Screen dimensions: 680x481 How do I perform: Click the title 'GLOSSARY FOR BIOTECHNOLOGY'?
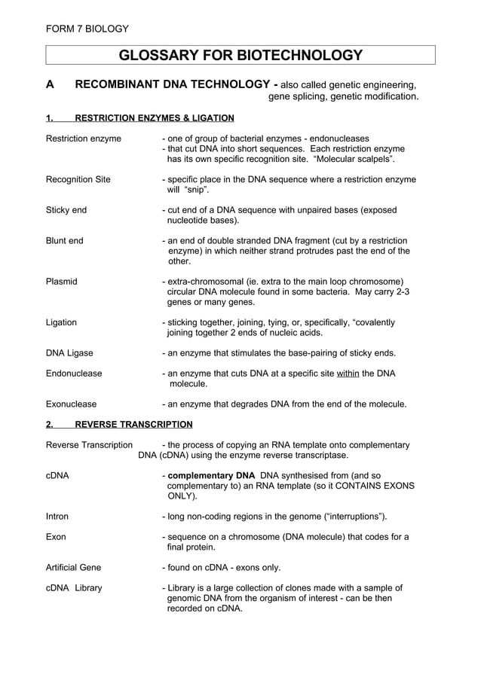tap(240, 55)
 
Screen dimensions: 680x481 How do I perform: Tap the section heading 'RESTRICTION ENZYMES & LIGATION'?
tap(155, 118)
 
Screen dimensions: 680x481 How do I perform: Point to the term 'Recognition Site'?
tap(78, 180)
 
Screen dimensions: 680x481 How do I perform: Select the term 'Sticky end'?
tap(66, 210)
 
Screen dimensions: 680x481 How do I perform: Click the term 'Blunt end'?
tap(65, 241)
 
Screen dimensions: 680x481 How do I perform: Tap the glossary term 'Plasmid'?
tap(62, 282)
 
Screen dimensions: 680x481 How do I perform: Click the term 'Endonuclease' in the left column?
tap(74, 373)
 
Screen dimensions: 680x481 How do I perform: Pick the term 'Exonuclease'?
tap(72, 404)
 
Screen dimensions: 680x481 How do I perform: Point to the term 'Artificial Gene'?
tap(74, 567)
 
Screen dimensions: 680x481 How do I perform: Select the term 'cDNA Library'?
tap(74, 587)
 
